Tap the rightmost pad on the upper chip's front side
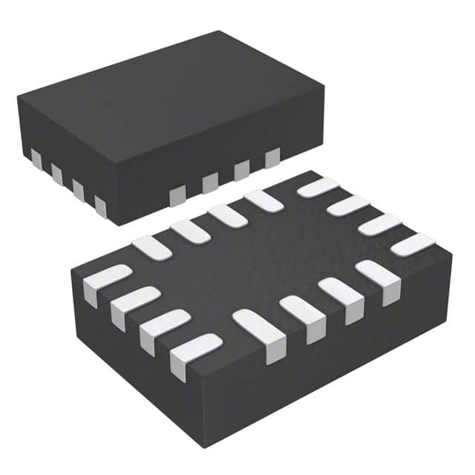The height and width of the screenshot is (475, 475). [272, 157]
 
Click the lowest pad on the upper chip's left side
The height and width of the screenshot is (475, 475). [101, 206]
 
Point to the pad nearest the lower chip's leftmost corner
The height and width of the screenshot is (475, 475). [97, 281]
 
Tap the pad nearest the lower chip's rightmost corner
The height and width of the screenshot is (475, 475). [414, 244]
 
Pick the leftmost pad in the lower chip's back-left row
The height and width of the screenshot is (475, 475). [151, 246]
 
